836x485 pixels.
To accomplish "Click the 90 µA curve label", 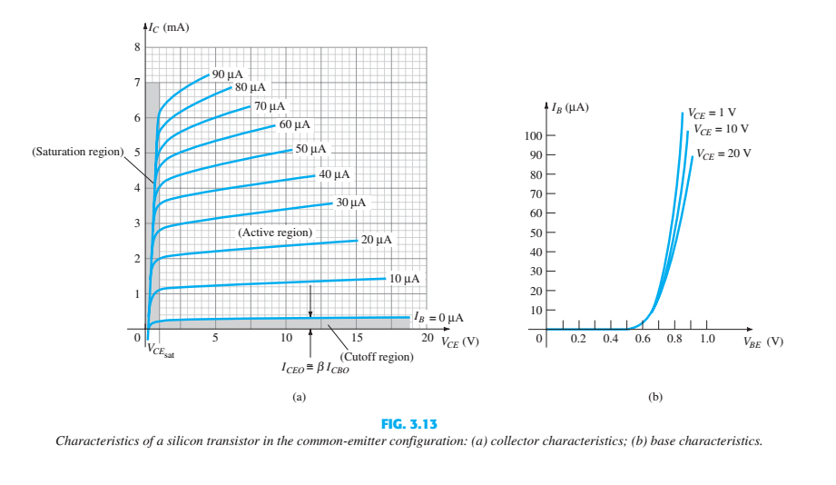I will point(226,74).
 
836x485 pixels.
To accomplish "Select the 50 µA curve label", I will point(310,149).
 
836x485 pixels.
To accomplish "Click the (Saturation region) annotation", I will point(77,152).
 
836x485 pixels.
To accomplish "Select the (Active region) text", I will point(275,233).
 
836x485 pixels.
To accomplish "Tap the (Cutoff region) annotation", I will point(377,357).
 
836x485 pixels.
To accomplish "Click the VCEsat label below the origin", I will point(160,351).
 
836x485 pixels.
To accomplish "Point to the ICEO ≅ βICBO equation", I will point(315,370).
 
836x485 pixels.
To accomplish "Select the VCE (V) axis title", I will point(460,342).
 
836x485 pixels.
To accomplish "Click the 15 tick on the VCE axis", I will point(357,338).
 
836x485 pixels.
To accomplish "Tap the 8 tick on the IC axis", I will point(138,47).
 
